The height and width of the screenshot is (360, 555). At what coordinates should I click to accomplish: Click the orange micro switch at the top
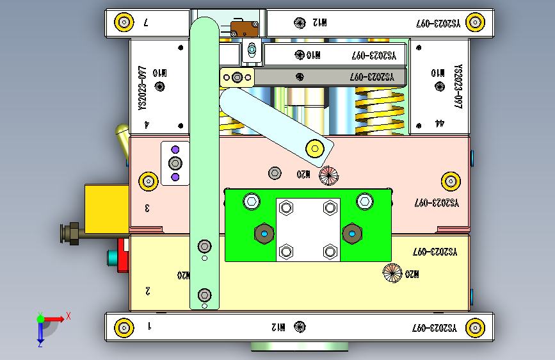tap(244, 28)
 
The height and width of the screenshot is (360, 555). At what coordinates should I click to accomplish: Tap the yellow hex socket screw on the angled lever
tap(314, 148)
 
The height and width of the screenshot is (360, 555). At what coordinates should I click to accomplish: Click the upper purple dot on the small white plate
tap(175, 151)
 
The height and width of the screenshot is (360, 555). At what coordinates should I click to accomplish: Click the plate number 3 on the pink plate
tap(147, 208)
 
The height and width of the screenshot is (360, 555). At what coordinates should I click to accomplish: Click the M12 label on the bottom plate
tap(278, 327)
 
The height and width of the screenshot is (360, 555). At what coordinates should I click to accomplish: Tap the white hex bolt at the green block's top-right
tap(365, 201)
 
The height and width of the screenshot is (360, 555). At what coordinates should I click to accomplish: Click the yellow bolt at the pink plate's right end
tap(451, 181)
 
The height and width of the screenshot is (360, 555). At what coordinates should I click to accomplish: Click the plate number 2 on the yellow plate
tap(148, 291)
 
